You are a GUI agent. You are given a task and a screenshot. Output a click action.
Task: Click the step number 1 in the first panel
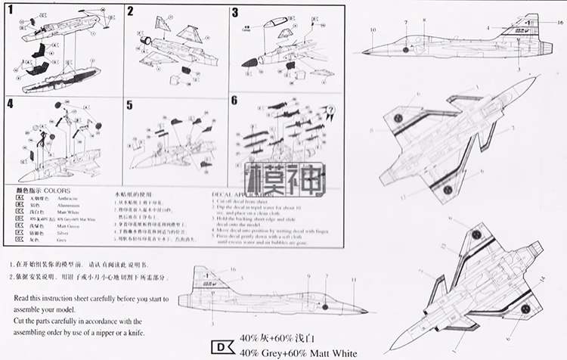10,11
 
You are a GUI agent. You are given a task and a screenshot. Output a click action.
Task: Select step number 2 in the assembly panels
130,11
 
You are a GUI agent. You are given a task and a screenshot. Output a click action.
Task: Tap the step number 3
234,12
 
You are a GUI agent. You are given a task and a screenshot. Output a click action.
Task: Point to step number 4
10,104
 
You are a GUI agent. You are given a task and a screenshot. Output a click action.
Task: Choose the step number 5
129,105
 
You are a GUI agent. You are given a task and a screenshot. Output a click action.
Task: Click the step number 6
234,101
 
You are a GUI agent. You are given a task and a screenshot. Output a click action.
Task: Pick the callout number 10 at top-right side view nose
373,30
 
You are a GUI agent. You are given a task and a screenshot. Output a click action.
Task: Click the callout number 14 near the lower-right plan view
541,280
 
